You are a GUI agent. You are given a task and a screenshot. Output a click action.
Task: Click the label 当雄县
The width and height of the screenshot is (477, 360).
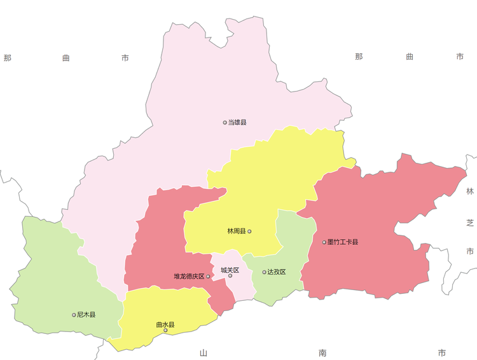(237, 122)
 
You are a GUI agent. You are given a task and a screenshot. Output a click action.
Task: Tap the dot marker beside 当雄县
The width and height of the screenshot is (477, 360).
(225, 122)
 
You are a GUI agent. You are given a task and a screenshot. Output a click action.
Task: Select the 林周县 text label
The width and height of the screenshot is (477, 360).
(237, 232)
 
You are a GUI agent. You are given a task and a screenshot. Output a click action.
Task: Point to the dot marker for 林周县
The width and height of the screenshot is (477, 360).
(249, 232)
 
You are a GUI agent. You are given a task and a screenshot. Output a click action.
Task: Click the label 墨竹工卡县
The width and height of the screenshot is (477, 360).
(343, 242)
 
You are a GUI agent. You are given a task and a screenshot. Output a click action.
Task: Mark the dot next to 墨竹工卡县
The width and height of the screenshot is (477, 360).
(324, 242)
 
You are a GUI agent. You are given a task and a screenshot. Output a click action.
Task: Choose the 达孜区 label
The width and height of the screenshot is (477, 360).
(277, 272)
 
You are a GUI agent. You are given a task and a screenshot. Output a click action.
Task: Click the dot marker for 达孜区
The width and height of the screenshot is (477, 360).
(265, 272)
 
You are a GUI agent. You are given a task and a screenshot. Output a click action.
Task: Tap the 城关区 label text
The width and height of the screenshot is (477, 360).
(230, 270)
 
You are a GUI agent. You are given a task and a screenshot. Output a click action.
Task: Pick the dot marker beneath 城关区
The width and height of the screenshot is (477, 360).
(230, 276)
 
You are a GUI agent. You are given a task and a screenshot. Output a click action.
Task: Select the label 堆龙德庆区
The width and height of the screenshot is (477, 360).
(189, 277)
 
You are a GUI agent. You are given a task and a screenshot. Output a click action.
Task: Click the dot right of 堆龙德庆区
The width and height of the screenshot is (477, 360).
(208, 277)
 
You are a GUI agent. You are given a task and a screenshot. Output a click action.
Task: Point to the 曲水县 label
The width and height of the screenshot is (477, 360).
(165, 324)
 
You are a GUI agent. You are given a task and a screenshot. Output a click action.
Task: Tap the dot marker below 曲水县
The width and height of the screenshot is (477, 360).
(165, 330)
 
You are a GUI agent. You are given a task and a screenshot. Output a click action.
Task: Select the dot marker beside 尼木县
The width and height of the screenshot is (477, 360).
(74, 315)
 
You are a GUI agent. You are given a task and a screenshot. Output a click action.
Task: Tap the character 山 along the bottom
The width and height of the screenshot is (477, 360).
(204, 353)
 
